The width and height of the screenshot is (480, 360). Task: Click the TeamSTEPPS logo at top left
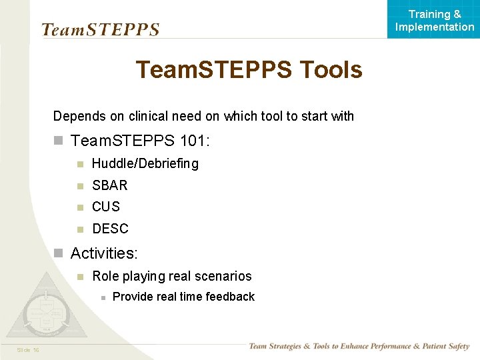[100, 29]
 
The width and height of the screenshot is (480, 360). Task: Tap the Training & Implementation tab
[435, 20]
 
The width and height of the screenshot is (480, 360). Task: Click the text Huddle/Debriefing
[145, 163]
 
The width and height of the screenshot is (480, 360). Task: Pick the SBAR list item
[109, 185]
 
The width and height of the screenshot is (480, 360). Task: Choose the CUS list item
[106, 207]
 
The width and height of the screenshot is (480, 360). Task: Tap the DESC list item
[110, 229]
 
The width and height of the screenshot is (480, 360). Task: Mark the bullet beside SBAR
[79, 185]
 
